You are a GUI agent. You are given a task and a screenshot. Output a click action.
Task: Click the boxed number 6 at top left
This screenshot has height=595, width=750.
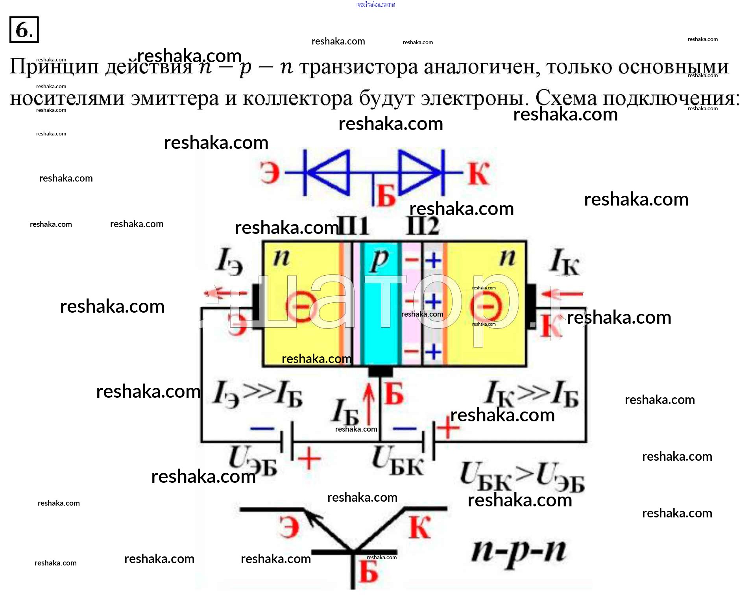coord(24,30)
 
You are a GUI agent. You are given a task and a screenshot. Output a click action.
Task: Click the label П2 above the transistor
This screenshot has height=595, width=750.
coord(423,226)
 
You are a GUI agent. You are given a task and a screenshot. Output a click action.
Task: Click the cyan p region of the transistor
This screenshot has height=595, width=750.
coord(380,315)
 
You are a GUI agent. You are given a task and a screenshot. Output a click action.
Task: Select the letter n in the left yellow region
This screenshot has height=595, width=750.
coord(281,258)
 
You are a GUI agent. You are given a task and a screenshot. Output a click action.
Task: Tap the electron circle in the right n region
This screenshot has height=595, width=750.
coord(486,306)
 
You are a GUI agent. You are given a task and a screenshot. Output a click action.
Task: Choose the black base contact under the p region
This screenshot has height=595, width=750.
coord(380,371)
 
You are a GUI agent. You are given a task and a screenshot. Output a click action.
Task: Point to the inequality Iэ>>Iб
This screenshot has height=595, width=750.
coord(258,395)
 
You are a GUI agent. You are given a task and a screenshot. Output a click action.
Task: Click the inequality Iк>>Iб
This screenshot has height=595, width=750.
coord(532,395)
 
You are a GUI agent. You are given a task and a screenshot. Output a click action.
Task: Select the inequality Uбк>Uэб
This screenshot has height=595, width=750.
coord(522,477)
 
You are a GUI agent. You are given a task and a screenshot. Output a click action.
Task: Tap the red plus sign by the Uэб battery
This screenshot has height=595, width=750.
coord(309,459)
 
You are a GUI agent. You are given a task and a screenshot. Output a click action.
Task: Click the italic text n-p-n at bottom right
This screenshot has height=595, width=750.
coord(519,551)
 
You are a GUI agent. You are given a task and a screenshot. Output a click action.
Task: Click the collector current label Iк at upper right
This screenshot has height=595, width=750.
coord(564,262)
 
